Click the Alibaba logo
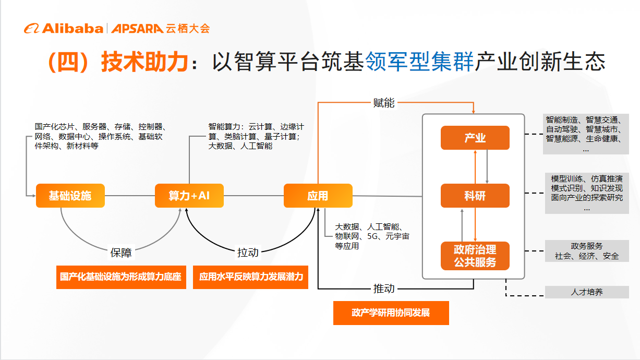click(64, 29)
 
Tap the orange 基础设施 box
click(70, 196)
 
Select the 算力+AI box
click(189, 196)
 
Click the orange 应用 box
click(318, 196)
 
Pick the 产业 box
click(475, 138)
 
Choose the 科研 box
click(475, 196)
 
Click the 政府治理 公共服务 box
click(475, 256)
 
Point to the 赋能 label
click(384, 103)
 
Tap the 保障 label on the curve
click(121, 253)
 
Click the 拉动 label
click(248, 253)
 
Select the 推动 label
click(384, 289)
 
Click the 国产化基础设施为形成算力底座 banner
click(121, 277)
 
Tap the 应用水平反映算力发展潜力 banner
click(251, 277)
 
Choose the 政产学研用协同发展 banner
click(391, 313)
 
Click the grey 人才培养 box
click(587, 292)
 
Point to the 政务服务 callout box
click(587, 251)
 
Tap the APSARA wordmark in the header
click(137, 29)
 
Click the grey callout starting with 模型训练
click(587, 193)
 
